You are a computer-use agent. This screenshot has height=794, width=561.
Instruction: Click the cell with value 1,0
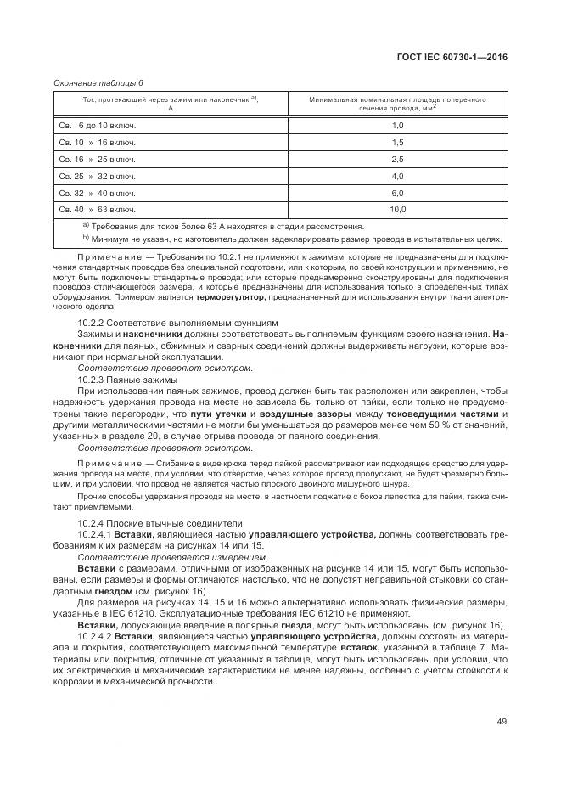(396, 125)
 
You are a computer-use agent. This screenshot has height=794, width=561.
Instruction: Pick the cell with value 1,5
(396, 142)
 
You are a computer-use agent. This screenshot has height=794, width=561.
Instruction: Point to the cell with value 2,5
(396, 159)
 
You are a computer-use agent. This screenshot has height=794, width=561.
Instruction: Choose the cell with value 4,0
(396, 176)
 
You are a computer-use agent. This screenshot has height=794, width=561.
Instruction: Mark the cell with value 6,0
(396, 193)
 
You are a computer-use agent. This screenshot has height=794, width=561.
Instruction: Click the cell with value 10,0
(396, 209)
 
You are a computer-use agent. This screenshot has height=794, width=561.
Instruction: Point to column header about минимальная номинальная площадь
(396, 104)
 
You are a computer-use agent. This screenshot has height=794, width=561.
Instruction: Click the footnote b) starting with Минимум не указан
(292, 239)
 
